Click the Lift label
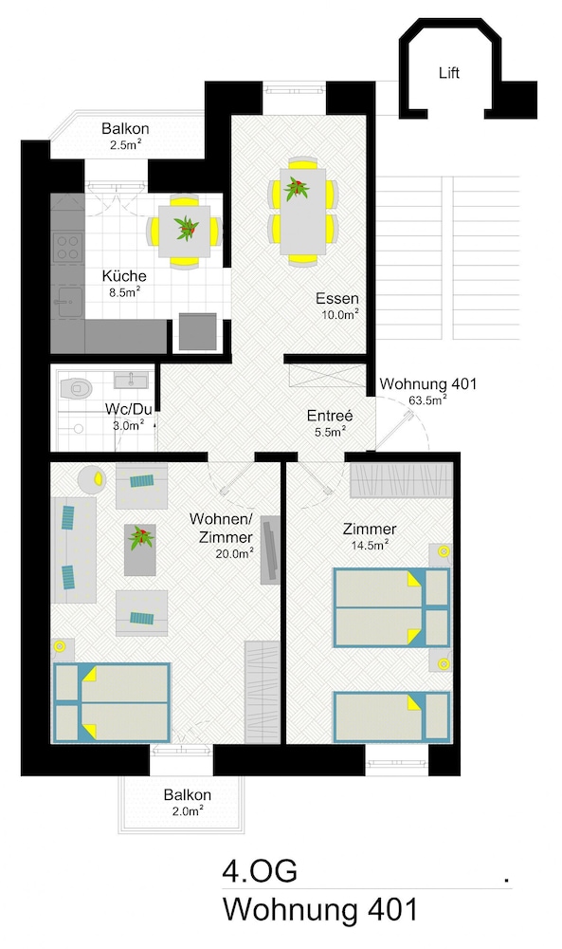coord(449,73)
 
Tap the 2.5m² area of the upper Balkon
coord(126,144)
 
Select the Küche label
coord(124,276)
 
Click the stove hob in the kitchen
coord(67,247)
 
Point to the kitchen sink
coord(67,302)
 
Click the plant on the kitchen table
coord(186,228)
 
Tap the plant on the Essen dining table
coord(297,188)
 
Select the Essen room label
coord(337,298)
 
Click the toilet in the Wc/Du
coord(76,388)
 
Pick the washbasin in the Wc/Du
coord(131,381)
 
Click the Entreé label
coord(330,416)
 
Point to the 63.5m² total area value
coord(427,400)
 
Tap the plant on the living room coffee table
coord(140,537)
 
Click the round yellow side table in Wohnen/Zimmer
coord(92,478)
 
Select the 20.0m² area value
coord(234,552)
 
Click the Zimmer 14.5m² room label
coord(370,536)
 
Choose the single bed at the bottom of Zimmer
coord(391,716)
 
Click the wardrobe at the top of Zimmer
coord(401,480)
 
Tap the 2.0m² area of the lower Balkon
coord(188,811)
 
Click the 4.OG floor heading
coord(260,871)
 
